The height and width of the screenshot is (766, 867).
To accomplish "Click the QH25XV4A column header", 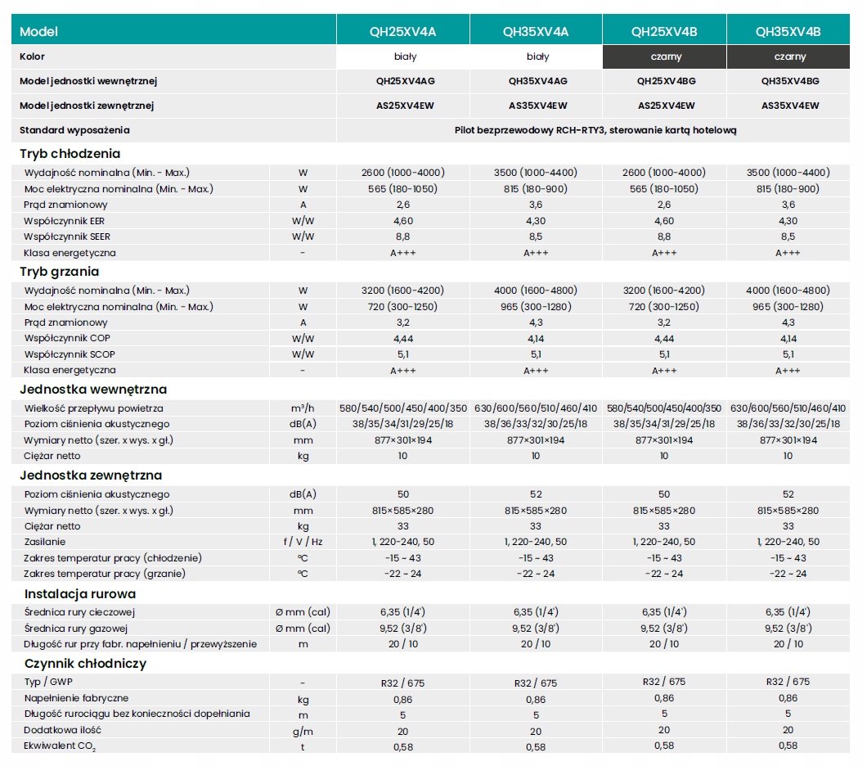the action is point(402,32).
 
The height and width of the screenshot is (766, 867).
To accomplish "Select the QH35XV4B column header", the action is point(788,32).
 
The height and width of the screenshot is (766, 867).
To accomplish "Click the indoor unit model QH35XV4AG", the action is point(538,81).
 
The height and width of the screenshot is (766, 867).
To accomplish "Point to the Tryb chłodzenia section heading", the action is point(70,153).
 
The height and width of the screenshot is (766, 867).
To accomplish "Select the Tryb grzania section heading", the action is point(59,272).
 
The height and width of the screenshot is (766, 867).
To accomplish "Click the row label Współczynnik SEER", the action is point(67,237).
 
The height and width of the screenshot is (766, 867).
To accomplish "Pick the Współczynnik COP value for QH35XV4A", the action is point(536,339).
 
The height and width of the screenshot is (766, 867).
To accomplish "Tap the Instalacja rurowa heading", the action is point(80,594).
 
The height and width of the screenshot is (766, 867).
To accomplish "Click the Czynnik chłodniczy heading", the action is point(85,663).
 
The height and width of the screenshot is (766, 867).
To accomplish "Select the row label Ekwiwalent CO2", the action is point(60,746).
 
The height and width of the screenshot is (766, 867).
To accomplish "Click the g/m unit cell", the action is point(303,731).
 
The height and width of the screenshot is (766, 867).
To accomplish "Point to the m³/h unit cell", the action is point(303,408).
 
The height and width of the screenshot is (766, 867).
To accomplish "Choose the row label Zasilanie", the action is point(45,542).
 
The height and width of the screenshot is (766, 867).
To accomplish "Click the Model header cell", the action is point(38,32).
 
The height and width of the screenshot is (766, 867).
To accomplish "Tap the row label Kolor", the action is point(32,56).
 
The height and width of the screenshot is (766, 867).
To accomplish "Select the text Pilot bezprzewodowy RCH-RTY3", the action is point(529,130).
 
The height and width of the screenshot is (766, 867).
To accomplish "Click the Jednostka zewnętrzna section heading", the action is point(91,475).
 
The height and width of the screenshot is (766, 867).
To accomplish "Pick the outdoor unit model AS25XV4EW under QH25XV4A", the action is point(406,106).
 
